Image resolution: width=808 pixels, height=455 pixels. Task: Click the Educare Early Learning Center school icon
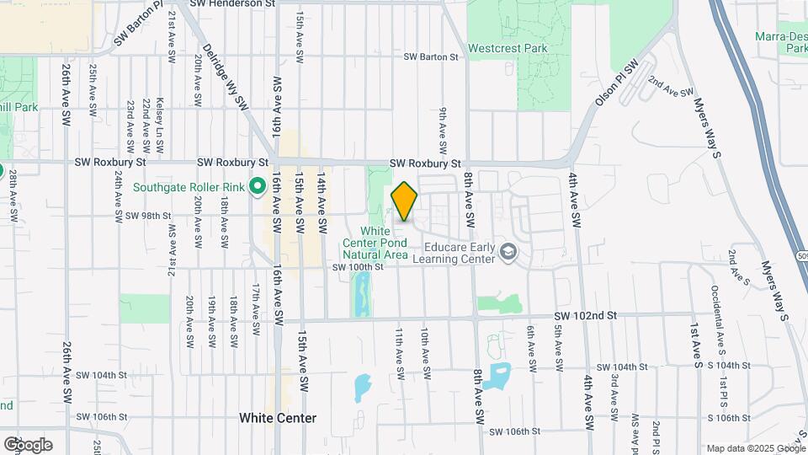pos(508,251)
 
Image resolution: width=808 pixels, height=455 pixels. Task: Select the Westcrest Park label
pos(508,48)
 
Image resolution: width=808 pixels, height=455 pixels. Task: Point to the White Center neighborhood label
pos(278,418)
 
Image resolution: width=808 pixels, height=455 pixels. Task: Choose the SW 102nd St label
pos(586,315)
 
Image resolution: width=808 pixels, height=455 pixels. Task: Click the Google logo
pos(27,444)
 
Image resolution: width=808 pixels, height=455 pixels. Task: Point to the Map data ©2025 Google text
pos(755,448)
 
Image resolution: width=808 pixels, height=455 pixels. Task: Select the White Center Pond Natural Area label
pos(385,243)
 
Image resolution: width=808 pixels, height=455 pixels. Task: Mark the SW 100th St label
pos(358,267)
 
